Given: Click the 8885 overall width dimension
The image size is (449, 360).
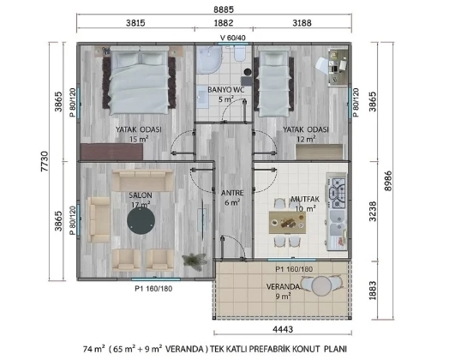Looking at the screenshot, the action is coord(224,9).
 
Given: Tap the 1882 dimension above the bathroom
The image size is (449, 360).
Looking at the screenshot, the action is coord(224,22).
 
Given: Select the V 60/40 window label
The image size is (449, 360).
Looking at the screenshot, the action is coord(233,38).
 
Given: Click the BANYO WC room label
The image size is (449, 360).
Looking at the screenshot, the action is coord(226,90).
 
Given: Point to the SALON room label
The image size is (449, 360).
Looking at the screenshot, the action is coord(141,195).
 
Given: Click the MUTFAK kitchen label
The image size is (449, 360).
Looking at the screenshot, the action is coord(305,199).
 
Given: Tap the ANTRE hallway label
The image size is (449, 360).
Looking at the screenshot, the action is coord(232,193).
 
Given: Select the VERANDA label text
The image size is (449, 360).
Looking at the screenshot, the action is coord(283,286).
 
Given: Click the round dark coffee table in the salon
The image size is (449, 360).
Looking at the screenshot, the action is coord(141,220).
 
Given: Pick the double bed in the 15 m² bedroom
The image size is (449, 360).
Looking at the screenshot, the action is coord(139,81).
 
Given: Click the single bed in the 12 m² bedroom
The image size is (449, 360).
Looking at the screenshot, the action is coord(273,82).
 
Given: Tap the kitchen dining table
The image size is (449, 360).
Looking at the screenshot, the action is coord(287,223).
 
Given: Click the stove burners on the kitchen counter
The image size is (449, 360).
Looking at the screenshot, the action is coord(338,193).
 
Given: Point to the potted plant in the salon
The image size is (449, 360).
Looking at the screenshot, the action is coord(195,261).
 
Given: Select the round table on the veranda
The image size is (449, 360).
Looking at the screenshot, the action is coord(321,285).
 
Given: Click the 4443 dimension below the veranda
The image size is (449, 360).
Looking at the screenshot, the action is coord(283,329).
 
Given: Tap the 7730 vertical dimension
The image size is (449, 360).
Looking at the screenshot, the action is coord(45,161).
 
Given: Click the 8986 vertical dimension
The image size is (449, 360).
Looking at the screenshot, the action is coord(388,181).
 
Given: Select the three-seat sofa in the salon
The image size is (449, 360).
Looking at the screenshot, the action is coord(142,180).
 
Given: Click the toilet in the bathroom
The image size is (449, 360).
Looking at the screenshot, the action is coord(239,53).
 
